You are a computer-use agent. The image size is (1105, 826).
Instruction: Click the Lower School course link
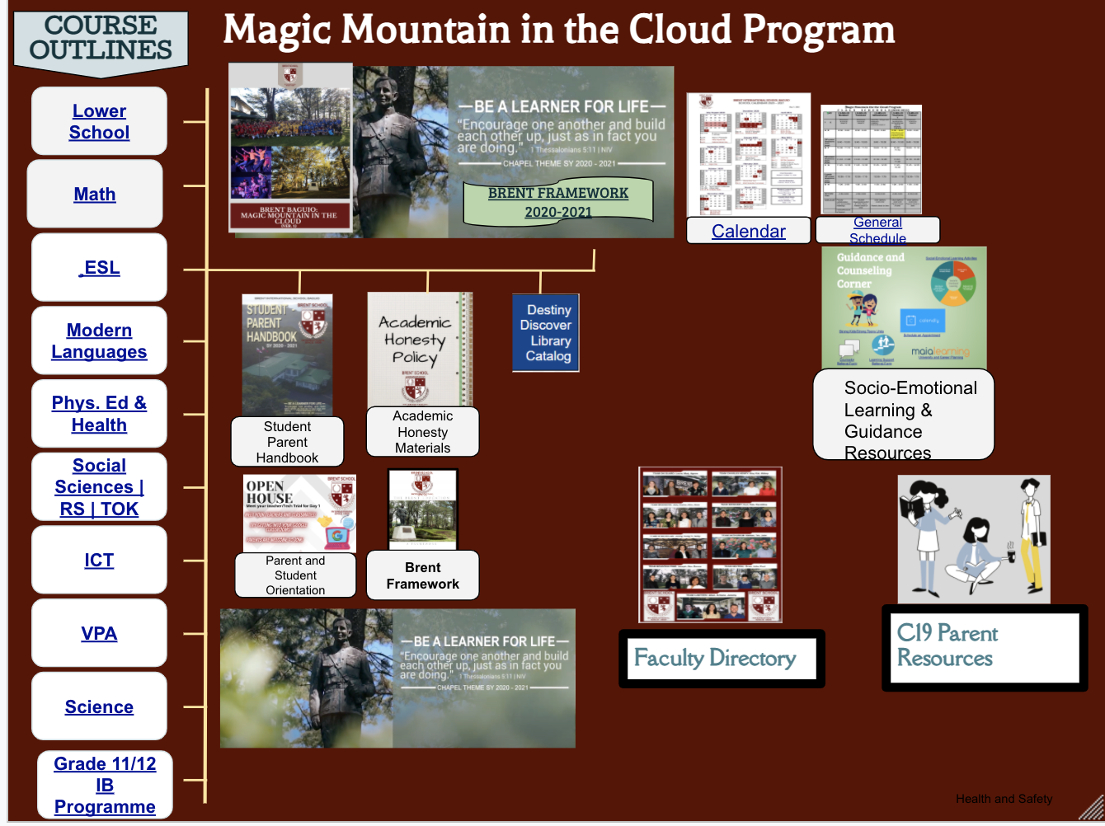coord(99,121)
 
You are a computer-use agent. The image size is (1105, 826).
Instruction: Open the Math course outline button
coord(95,195)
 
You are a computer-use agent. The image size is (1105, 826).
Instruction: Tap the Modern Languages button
coord(99,341)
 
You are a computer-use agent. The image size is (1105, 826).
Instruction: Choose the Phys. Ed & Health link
coord(99,414)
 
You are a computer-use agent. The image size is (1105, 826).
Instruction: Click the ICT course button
coord(99,561)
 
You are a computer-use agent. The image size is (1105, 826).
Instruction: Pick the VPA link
coord(99,634)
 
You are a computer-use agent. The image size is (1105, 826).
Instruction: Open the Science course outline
coord(99,707)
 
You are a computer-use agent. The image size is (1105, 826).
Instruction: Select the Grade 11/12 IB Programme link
coord(105,785)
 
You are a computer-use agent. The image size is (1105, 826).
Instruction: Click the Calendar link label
coord(748,232)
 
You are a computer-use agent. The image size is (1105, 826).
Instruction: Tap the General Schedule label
coord(877,230)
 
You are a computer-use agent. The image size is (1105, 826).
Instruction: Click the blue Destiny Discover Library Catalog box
coord(546,333)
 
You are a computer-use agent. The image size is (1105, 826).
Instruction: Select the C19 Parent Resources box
coord(984,647)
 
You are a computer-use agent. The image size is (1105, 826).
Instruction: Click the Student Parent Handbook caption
coord(287,442)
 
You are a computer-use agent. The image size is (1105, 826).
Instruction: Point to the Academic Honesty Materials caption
coord(422,432)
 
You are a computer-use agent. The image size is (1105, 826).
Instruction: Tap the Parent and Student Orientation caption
coord(295,575)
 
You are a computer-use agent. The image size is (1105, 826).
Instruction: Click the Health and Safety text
coord(1004,799)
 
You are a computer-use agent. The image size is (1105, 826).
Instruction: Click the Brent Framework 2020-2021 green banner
coord(558,203)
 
